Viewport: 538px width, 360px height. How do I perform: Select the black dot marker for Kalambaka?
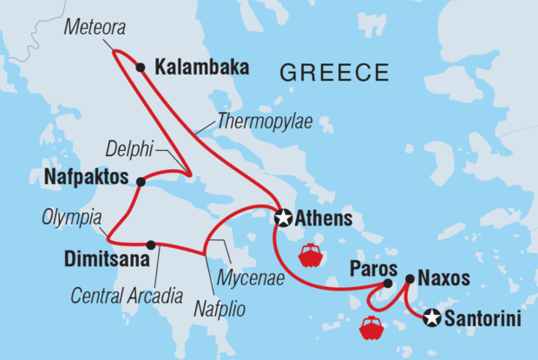(x=141, y=67)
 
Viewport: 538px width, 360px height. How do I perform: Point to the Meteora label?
(x=95, y=29)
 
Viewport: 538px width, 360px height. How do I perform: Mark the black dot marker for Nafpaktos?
(x=141, y=180)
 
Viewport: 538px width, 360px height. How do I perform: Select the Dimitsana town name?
(x=103, y=257)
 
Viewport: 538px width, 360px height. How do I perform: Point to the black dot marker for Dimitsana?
(x=151, y=245)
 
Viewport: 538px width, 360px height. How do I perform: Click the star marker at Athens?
(x=283, y=217)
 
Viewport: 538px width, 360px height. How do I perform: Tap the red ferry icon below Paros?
(x=371, y=328)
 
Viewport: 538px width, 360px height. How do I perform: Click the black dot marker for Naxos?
(x=409, y=279)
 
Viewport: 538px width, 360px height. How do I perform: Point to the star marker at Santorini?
(x=431, y=319)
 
